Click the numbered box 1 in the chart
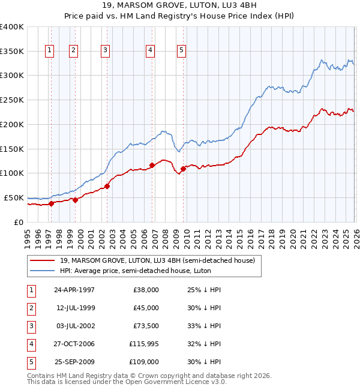pos(49,51)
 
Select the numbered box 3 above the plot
pos(105,51)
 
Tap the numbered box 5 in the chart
pos(181,51)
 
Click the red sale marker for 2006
pos(152,165)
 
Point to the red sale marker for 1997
pos(52,203)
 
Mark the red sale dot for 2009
pos(183,169)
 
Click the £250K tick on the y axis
pos(12,100)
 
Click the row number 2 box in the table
pos(30,308)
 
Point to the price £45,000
pos(146,308)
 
